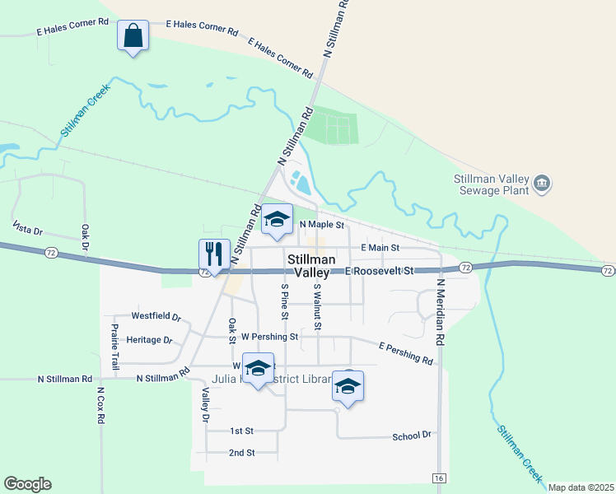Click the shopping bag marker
133,36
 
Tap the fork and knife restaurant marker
214,254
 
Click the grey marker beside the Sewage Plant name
542,184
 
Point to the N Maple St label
321,224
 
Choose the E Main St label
380,247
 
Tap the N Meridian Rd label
441,311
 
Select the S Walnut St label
315,301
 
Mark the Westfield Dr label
156,316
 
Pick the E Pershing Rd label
406,353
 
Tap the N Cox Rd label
100,406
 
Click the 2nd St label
242,453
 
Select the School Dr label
412,436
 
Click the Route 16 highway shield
439,478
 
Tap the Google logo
27,484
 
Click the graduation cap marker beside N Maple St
278,220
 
